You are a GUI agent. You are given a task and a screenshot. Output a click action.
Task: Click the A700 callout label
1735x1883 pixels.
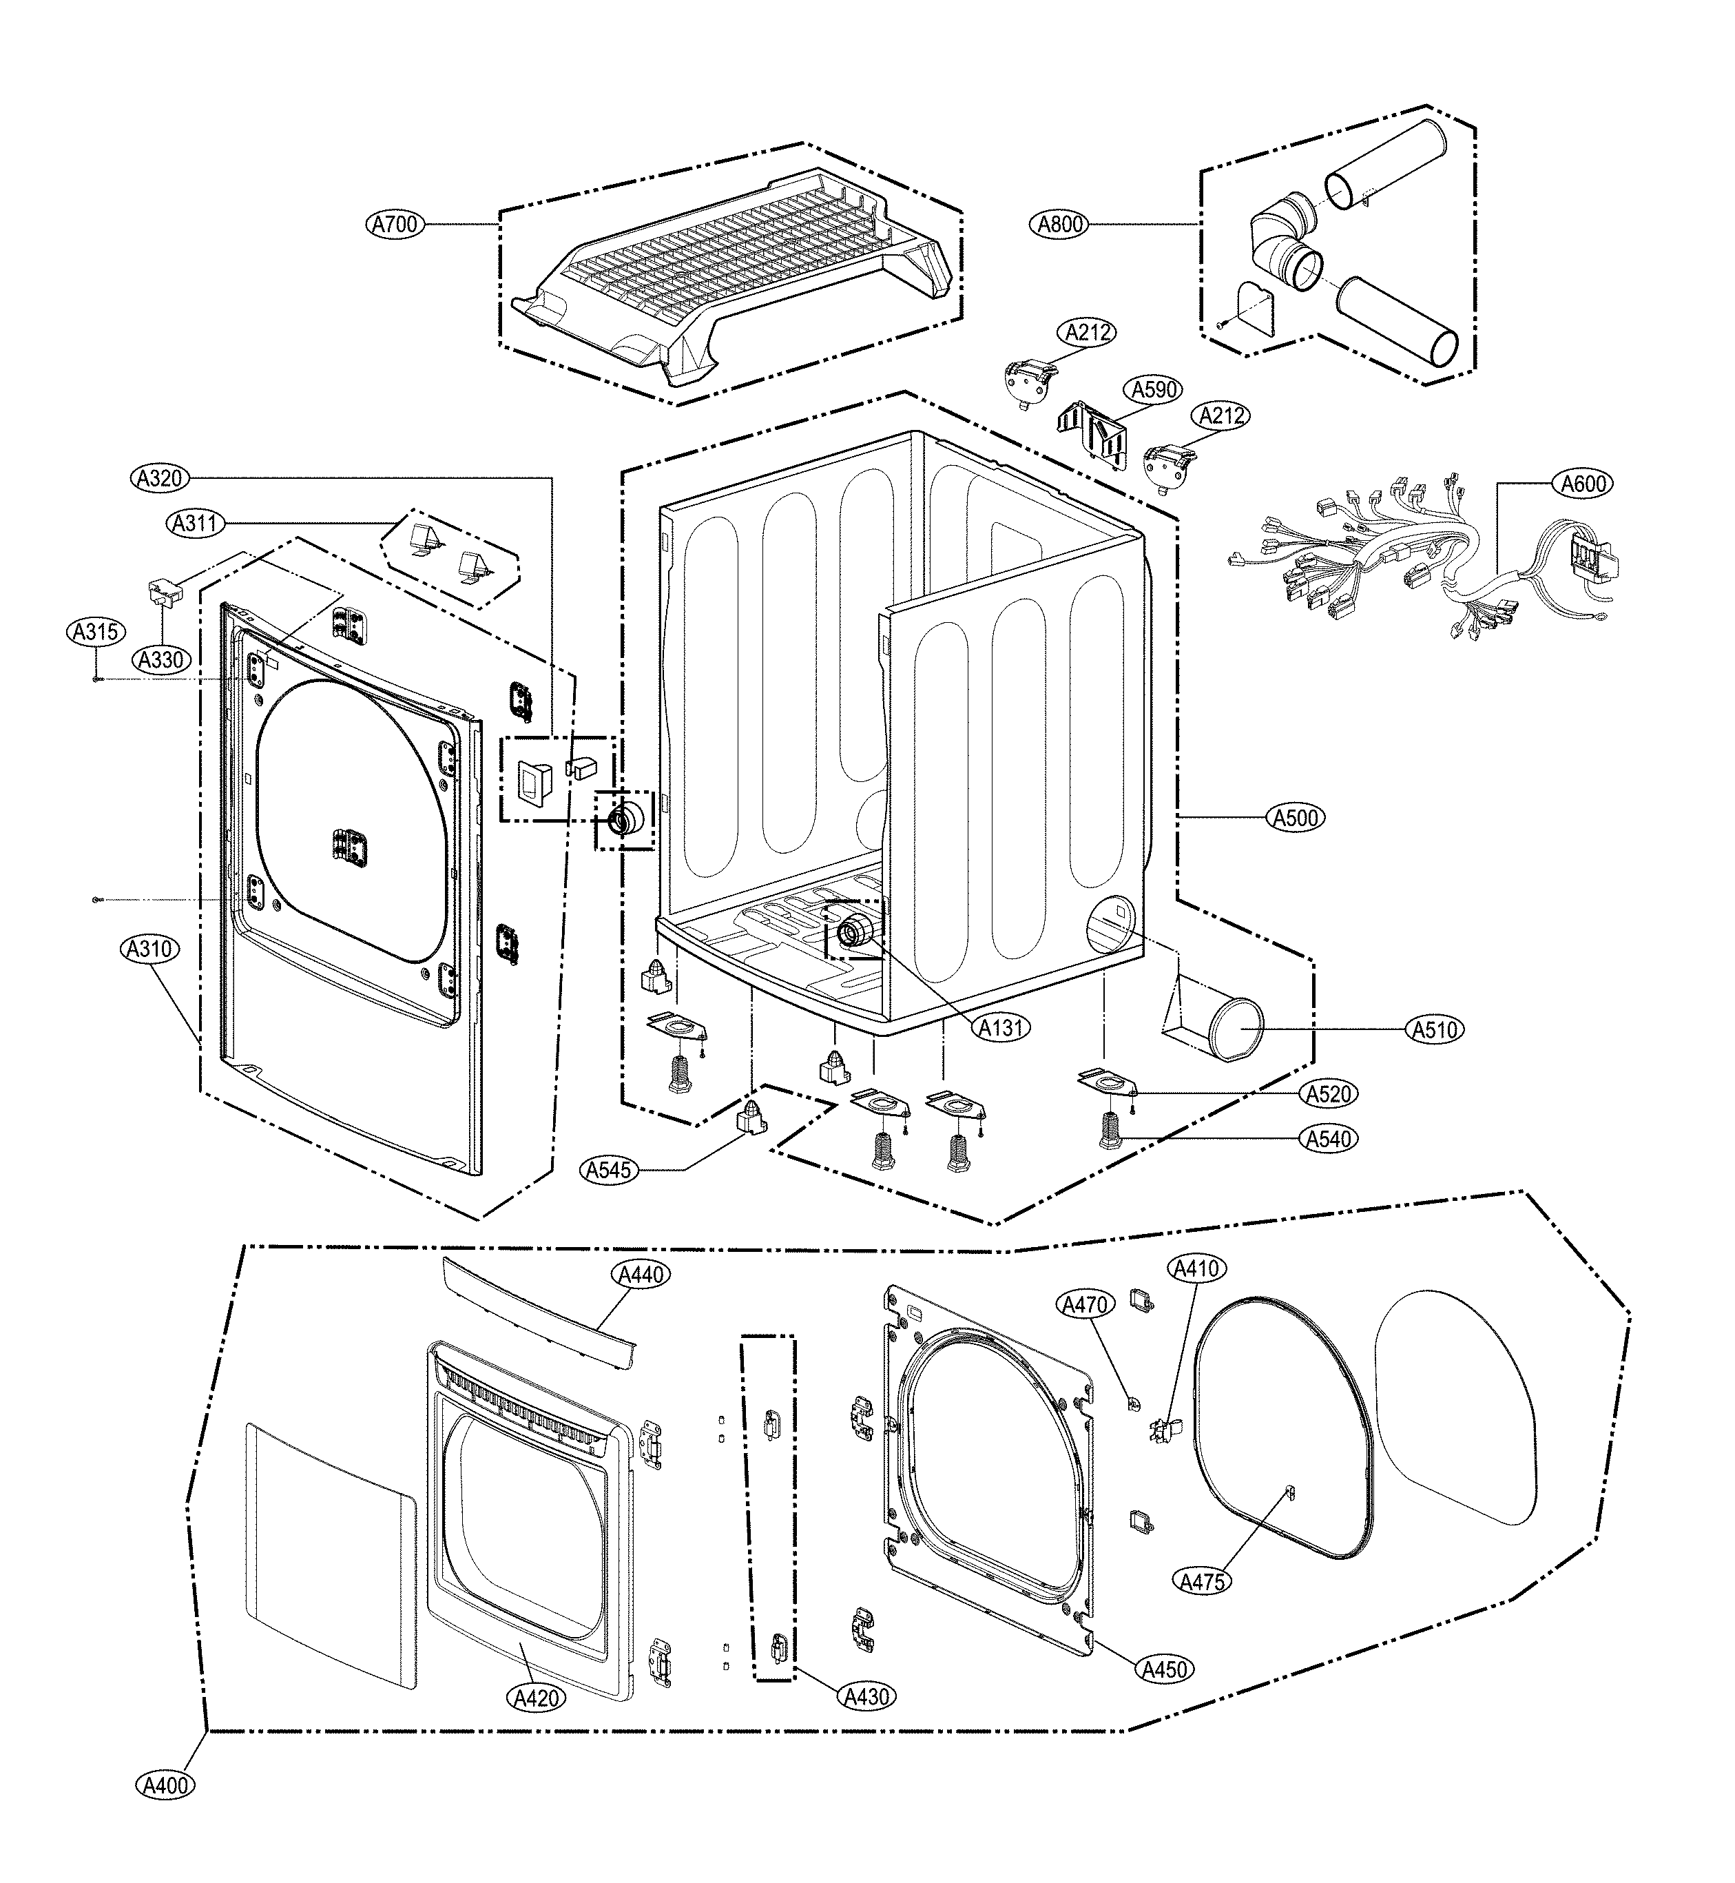click(x=394, y=225)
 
